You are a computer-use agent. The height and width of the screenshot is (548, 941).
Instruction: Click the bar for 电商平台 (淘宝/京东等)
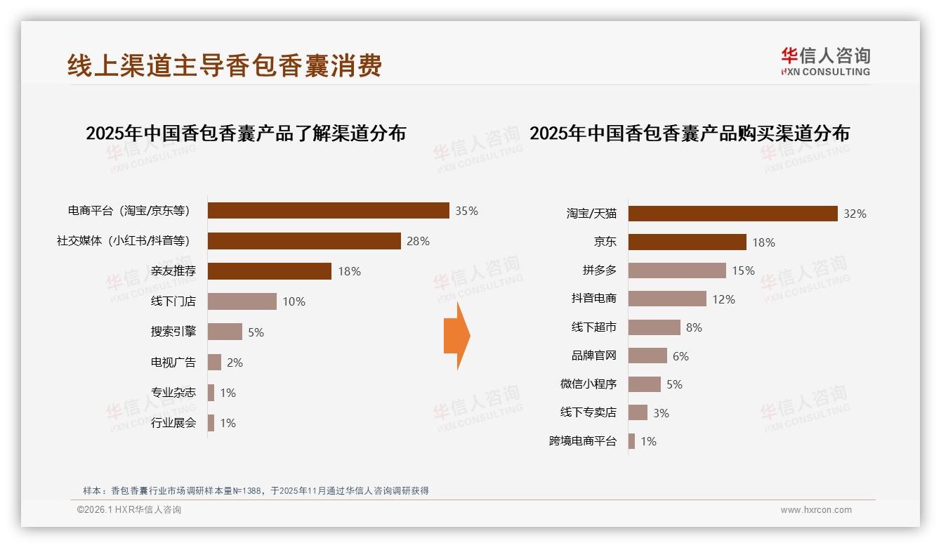(328, 211)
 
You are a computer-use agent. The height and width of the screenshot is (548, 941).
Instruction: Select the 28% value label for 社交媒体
(418, 241)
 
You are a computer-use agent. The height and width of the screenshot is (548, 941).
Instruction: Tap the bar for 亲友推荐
(269, 271)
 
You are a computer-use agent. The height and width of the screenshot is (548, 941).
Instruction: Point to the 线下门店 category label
(173, 301)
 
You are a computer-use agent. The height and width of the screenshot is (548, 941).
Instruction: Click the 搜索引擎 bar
(225, 332)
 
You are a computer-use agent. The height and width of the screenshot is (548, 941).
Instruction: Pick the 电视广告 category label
(173, 363)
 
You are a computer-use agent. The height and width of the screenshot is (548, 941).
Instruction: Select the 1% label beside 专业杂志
(228, 393)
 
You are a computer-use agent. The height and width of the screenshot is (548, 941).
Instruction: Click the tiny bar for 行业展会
(211, 423)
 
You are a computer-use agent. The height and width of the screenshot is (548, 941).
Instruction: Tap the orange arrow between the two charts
(456, 336)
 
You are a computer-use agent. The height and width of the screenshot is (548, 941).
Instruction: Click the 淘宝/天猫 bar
(732, 214)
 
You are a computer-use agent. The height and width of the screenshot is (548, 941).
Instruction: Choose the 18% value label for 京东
(763, 242)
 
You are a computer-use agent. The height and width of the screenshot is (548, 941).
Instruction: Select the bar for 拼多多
(677, 270)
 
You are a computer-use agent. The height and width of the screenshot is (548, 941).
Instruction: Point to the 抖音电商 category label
(594, 299)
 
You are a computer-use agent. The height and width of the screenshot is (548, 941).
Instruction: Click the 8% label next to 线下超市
(694, 327)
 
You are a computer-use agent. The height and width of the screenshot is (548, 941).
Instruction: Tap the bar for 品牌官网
(647, 355)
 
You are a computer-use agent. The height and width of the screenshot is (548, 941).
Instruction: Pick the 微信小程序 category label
(588, 384)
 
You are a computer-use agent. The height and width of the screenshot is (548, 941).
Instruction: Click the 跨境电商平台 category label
(583, 441)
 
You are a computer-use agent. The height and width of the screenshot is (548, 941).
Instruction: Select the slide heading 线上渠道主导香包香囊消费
(225, 65)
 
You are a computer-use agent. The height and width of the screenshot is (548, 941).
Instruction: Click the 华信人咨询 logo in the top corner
(825, 61)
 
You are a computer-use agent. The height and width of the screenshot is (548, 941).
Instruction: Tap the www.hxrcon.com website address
(815, 510)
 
